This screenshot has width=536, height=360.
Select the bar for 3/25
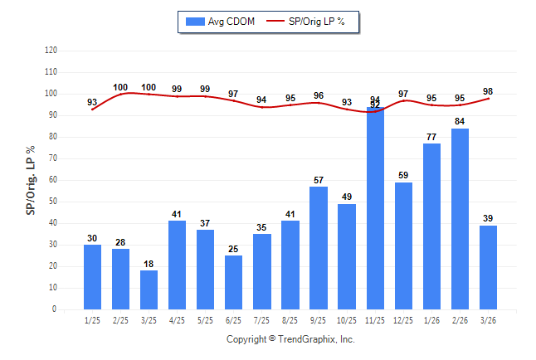pos(149,289)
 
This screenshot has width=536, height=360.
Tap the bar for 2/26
pos(460,219)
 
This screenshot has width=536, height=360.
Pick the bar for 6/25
pos(234,282)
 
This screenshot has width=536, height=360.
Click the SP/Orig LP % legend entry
pos(309,22)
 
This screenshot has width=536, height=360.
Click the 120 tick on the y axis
pos(51,51)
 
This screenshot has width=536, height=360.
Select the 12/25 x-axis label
pos(404,319)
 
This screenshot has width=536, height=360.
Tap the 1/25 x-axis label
pos(93,319)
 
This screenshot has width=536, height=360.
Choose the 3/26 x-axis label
pos(489,319)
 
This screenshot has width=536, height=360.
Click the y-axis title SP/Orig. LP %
pos(31,180)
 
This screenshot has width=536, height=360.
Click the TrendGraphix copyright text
pos(290,339)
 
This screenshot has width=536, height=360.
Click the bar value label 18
pos(149,265)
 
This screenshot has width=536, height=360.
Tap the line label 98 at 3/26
pos(489,91)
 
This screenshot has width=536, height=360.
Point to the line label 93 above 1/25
pos(93,103)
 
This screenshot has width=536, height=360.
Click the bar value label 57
pos(319,181)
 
